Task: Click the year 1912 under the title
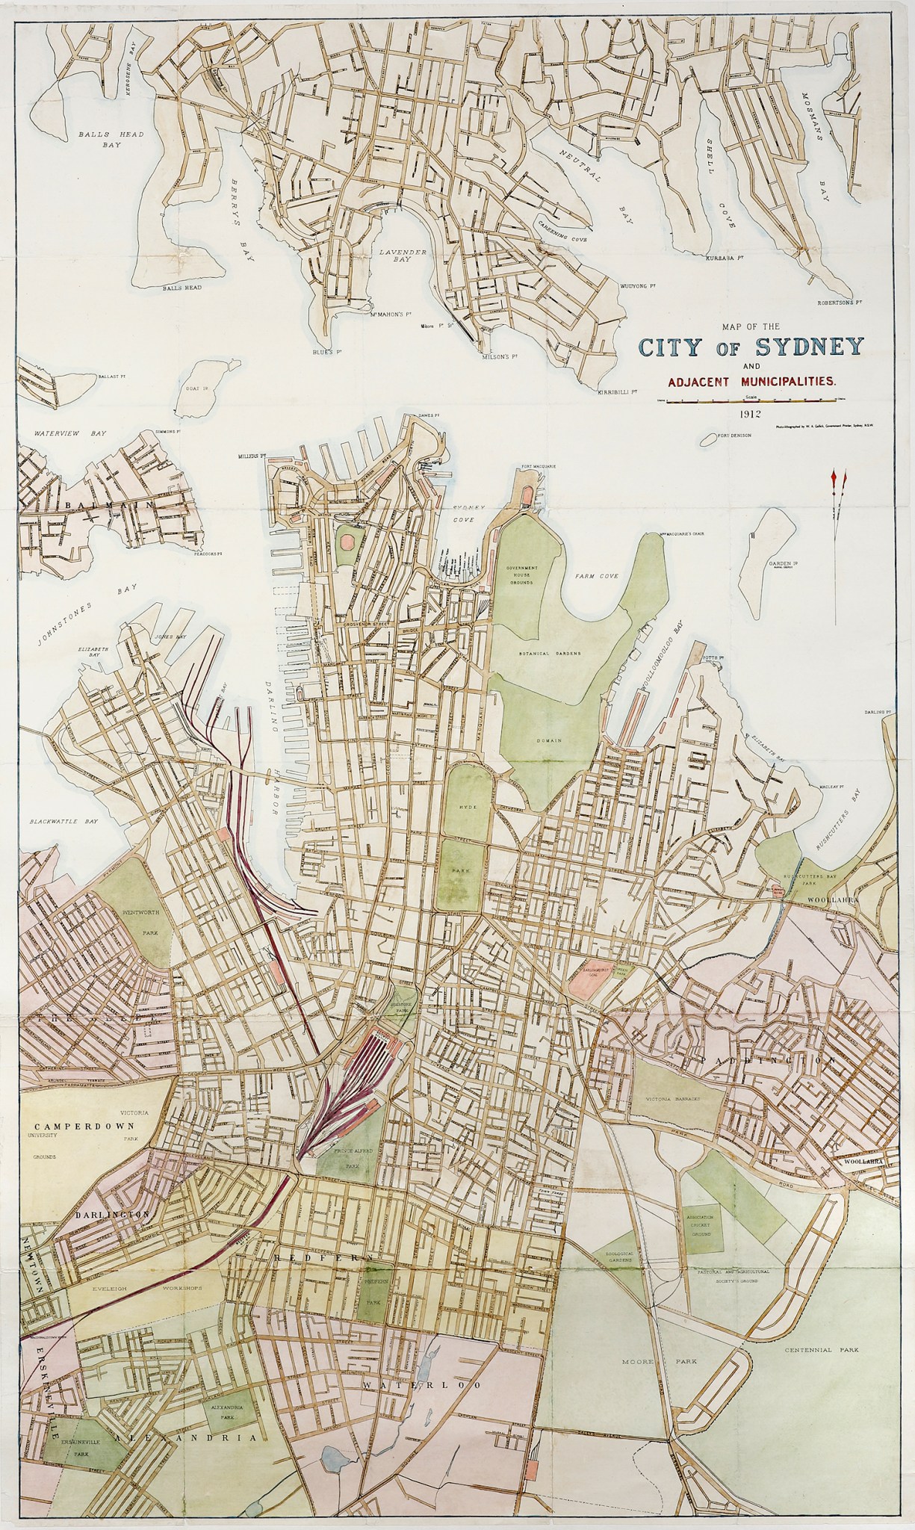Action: point(748,412)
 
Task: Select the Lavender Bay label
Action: point(403,257)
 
